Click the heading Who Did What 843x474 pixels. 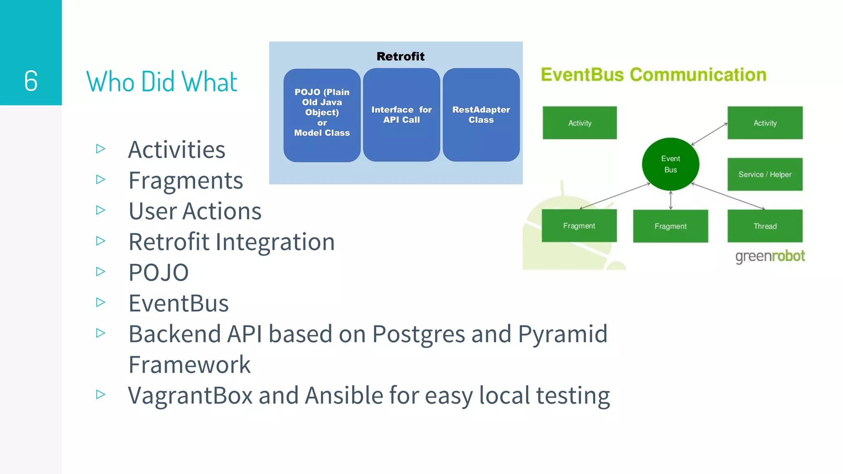pyautogui.click(x=161, y=81)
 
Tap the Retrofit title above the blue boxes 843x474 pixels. pyautogui.click(x=400, y=56)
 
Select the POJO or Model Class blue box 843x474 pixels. pyautogui.click(x=322, y=115)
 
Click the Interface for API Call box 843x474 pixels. pyautogui.click(x=401, y=115)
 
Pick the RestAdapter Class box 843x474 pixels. pyautogui.click(x=481, y=115)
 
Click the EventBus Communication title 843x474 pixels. pyautogui.click(x=653, y=75)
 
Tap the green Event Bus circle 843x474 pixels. pyautogui.click(x=670, y=164)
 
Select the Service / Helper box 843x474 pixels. pyautogui.click(x=764, y=174)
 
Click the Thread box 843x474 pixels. pyautogui.click(x=764, y=226)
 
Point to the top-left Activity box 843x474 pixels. pyautogui.click(x=579, y=123)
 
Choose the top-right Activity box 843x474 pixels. pyautogui.click(x=764, y=123)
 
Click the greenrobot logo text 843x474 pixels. pyautogui.click(x=770, y=256)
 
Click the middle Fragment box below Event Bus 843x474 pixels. pyautogui.click(x=670, y=226)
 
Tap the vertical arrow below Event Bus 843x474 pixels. pyautogui.click(x=671, y=200)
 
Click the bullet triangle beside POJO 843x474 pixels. pyautogui.click(x=100, y=272)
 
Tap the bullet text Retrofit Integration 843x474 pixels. pyautogui.click(x=231, y=242)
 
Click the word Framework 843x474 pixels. pyautogui.click(x=189, y=365)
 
